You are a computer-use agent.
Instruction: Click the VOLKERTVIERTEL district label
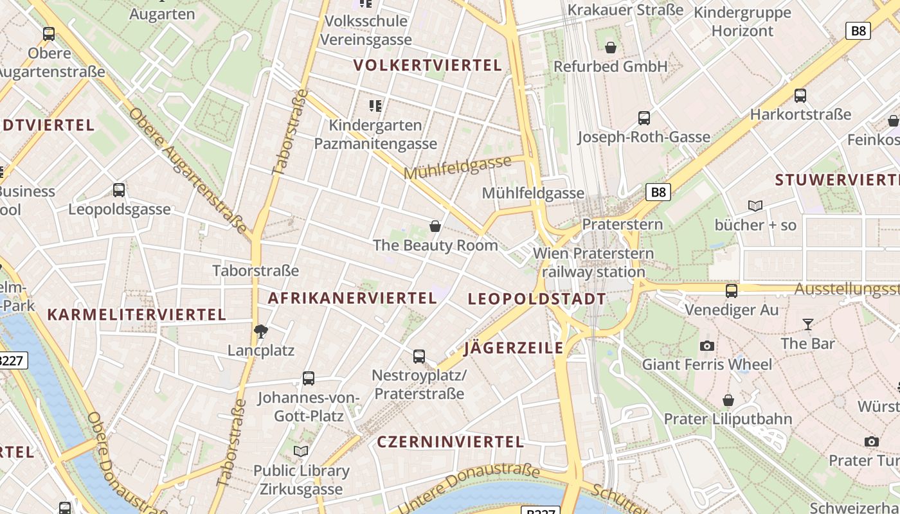click(x=428, y=65)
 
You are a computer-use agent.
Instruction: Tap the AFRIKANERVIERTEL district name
click(x=352, y=298)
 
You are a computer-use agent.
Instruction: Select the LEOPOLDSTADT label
click(x=537, y=299)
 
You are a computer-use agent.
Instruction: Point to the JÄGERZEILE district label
click(x=514, y=348)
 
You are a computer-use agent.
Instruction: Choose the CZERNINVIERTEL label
click(x=451, y=442)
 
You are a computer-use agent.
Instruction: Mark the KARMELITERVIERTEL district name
click(x=136, y=315)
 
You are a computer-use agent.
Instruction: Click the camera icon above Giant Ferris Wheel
click(x=707, y=346)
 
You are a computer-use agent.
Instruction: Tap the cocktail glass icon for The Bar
click(x=808, y=324)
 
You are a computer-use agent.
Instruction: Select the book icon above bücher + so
click(x=755, y=206)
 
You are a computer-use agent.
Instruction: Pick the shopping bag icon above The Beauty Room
click(x=435, y=226)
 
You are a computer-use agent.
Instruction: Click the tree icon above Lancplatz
click(x=261, y=332)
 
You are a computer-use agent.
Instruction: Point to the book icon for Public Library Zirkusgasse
click(x=301, y=451)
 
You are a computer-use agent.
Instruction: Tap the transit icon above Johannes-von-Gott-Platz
click(x=309, y=378)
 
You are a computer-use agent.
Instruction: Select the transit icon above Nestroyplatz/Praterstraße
click(x=419, y=356)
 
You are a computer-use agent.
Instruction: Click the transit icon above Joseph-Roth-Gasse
click(x=643, y=118)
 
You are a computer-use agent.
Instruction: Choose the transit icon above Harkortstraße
click(x=800, y=96)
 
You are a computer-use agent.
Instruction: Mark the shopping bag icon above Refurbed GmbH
click(x=611, y=48)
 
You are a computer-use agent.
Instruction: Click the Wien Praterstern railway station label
click(x=593, y=262)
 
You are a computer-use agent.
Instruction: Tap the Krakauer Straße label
click(x=625, y=10)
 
